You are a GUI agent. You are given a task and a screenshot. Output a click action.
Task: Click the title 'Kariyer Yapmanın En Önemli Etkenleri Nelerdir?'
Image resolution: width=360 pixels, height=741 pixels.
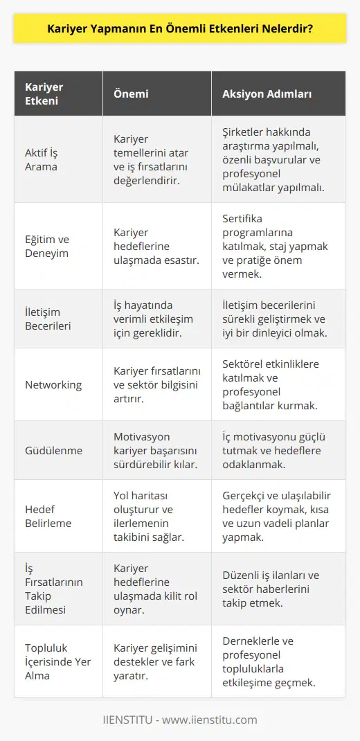pyautogui.click(x=180, y=30)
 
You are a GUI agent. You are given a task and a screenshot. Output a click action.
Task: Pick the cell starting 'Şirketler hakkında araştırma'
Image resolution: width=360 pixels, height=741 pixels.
pyautogui.click(x=278, y=159)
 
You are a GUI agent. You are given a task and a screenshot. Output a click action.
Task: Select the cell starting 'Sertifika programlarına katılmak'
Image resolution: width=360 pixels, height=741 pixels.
pyautogui.click(x=280, y=246)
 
